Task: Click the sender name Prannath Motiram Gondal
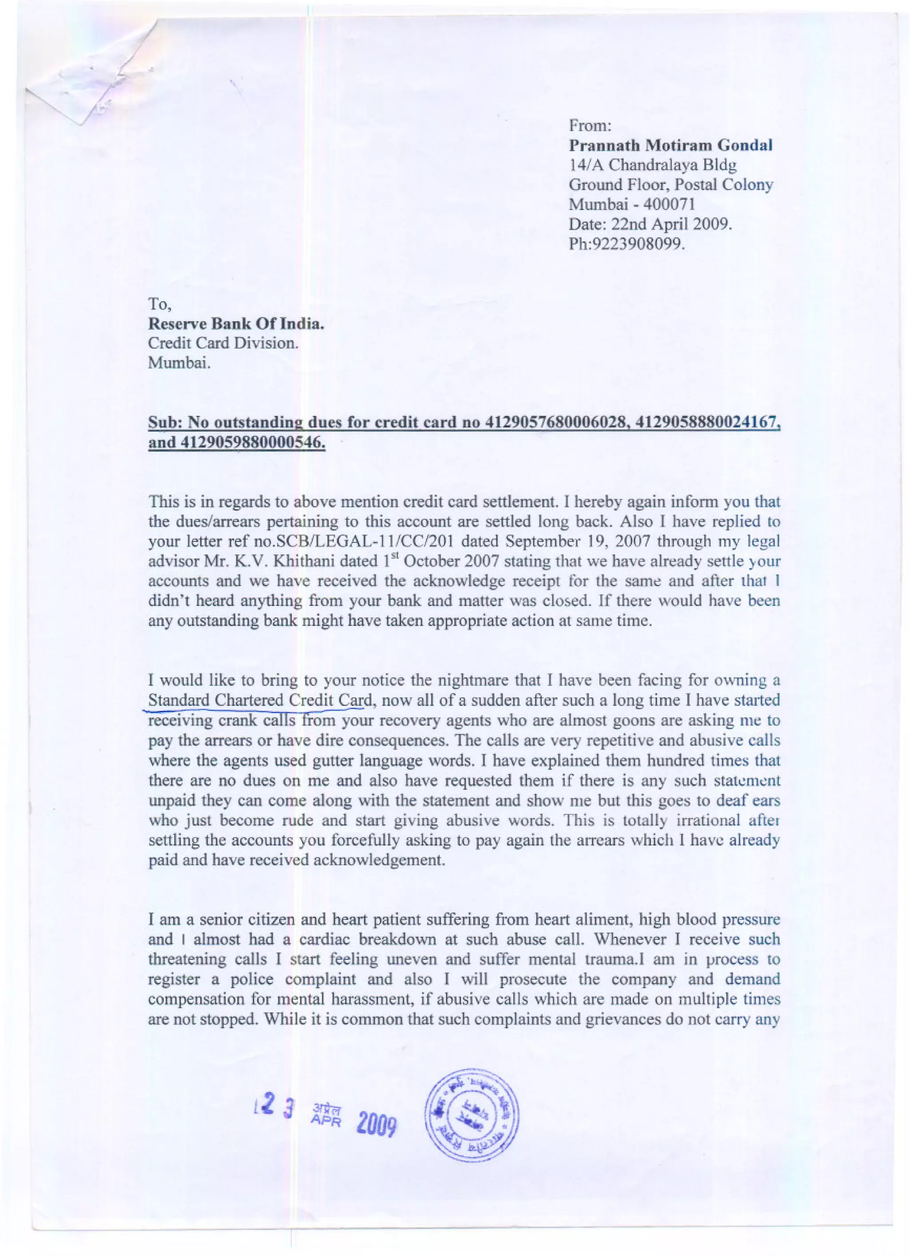pyautogui.click(x=671, y=146)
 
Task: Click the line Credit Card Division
pyautogui.click(x=223, y=343)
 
